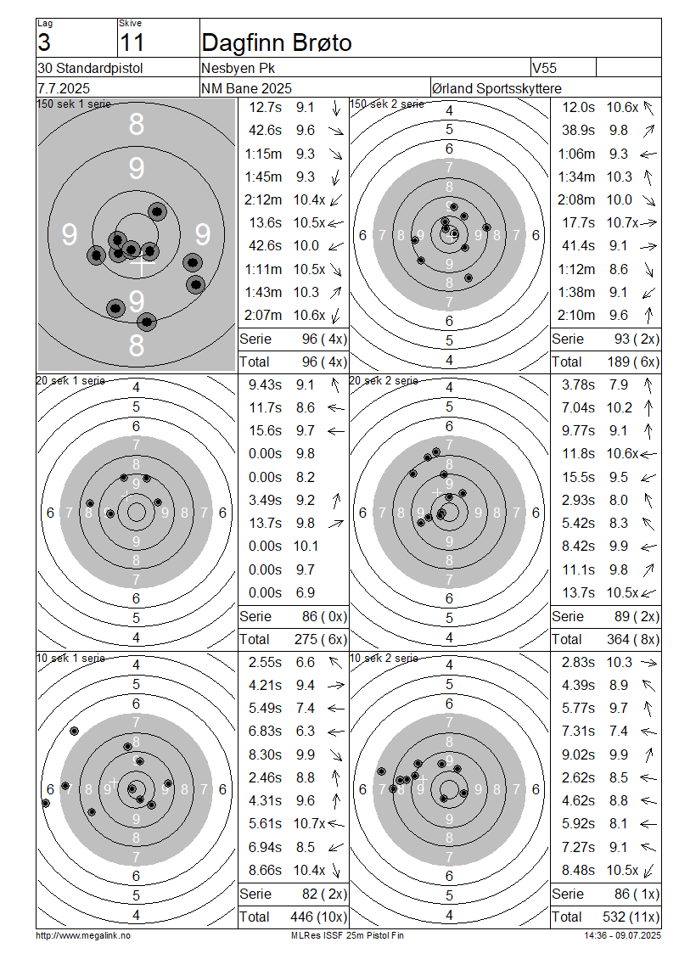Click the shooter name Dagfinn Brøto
pos(277,42)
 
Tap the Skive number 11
pos(132,42)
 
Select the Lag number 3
pos(44,42)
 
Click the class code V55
pos(544,68)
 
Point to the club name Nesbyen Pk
pos(238,68)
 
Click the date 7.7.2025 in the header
pos(64,88)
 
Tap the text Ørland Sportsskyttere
pos(497,88)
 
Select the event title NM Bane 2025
pos(246,88)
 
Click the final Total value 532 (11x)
pos(633,917)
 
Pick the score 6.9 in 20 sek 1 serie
pos(306,592)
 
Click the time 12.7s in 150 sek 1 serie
pos(266,107)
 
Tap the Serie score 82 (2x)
pos(324,894)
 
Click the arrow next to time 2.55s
pos(335,662)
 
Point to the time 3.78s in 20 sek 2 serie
pos(578,384)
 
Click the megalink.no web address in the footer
pos(83,935)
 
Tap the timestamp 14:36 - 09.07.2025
pos(623,935)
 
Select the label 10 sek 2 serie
pos(384,658)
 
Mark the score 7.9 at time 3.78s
pos(619,384)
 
